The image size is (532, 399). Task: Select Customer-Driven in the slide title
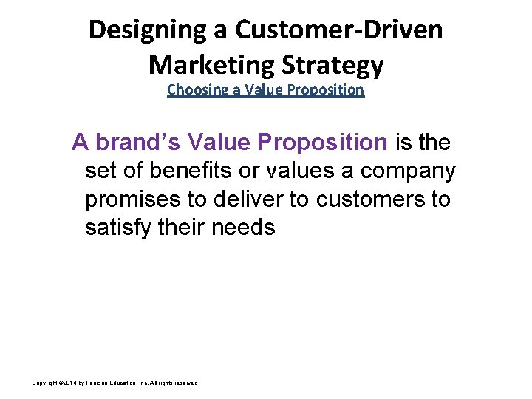(338, 30)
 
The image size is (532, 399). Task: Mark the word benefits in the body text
(182, 171)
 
